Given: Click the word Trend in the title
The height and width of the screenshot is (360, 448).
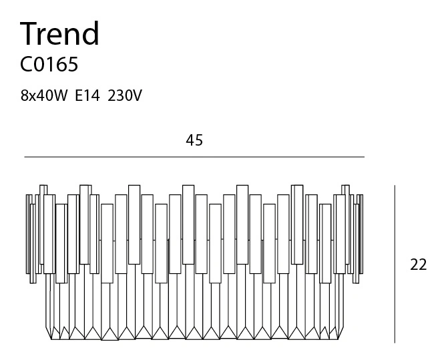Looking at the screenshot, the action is (x=59, y=33).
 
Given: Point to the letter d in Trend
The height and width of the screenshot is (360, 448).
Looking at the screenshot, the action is (x=91, y=33).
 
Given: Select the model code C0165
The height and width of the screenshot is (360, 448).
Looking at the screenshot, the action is (x=49, y=64).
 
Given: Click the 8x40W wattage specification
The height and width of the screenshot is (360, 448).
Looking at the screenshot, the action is (x=44, y=96).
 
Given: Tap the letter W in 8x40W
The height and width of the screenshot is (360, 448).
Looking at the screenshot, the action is (x=60, y=96).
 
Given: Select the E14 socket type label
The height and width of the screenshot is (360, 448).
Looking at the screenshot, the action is (x=87, y=96).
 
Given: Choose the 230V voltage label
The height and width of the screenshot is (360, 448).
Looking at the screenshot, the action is (x=125, y=96).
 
